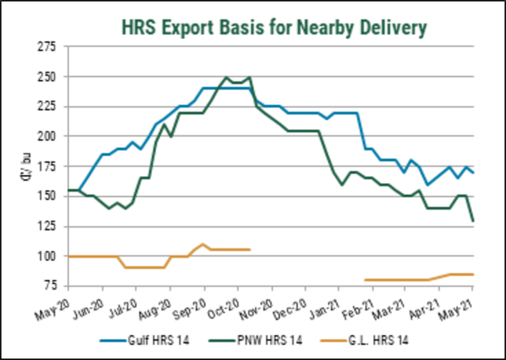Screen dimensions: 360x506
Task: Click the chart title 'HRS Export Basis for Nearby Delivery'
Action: coord(274,27)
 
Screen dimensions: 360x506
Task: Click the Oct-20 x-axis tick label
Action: coord(223,301)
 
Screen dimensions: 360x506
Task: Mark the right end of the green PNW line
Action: coord(473,221)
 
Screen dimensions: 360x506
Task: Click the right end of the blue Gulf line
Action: coord(473,172)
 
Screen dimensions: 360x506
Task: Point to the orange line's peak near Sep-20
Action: coord(203,244)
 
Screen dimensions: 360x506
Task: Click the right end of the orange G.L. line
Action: coord(473,274)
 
